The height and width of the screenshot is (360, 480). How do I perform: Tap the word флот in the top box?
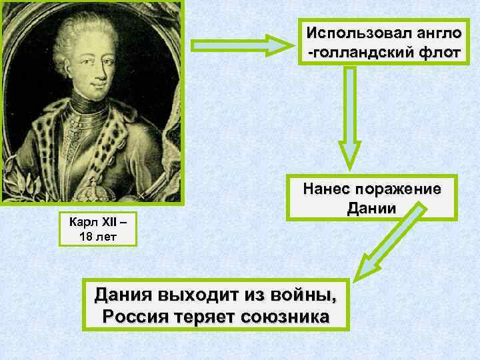435,52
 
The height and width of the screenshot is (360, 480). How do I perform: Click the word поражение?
400,189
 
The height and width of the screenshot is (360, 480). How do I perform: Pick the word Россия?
131,315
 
